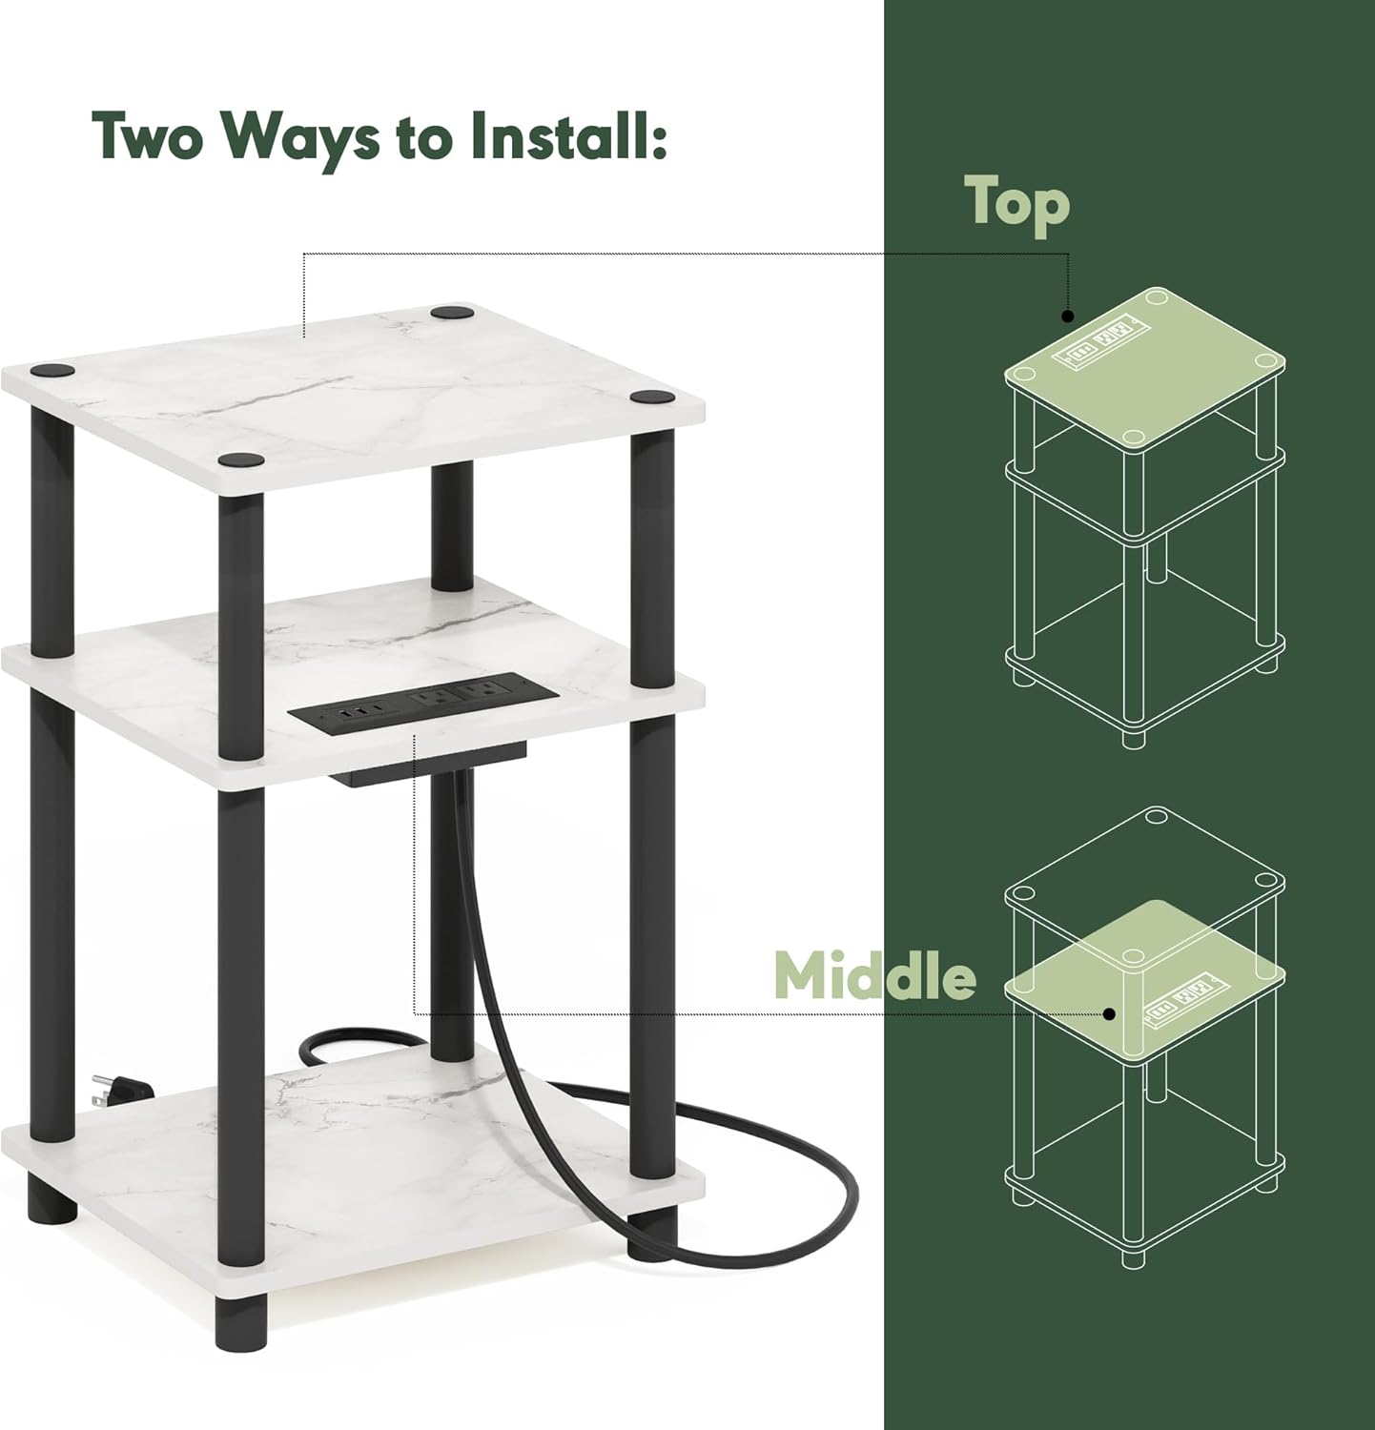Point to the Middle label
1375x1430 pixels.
[x=874, y=973]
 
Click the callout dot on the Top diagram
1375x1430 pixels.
[x=1068, y=316]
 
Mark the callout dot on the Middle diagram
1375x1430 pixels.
[x=1109, y=1013]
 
